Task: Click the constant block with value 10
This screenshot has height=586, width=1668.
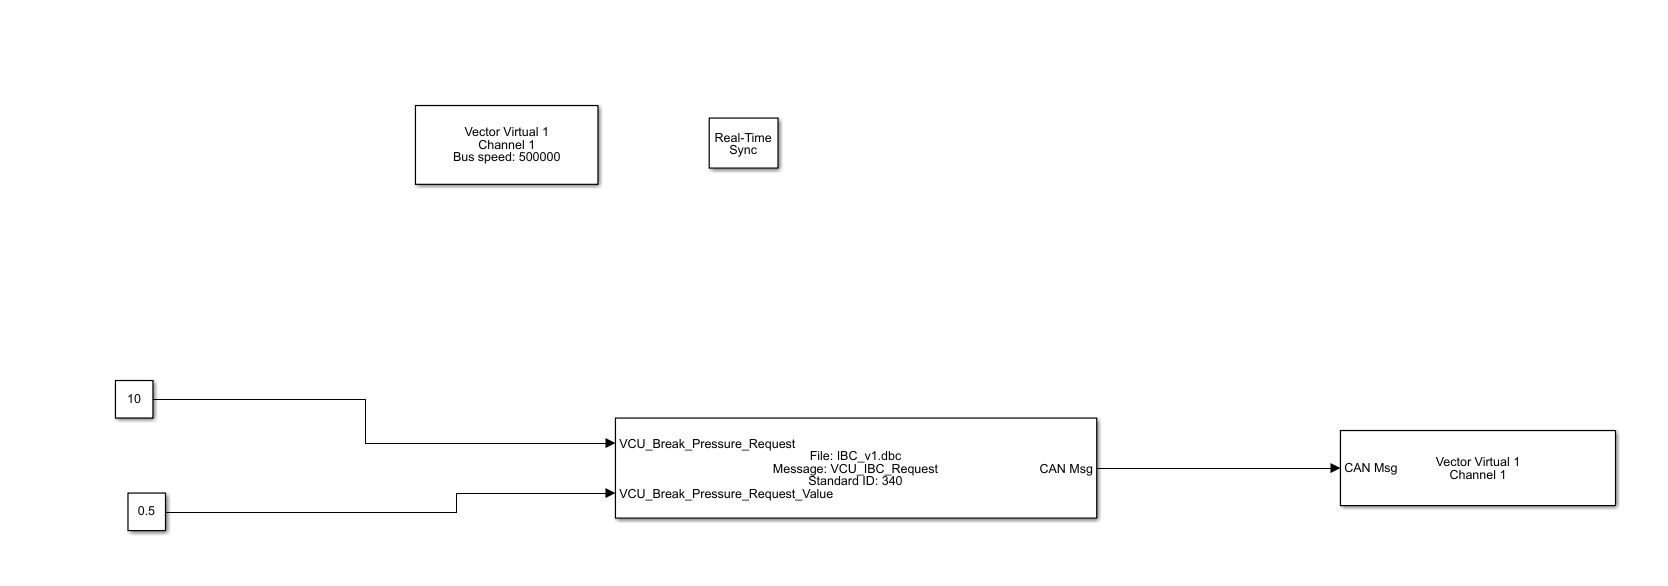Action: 134,399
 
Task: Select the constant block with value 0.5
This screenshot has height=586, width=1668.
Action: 146,511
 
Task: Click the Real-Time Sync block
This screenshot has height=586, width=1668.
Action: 743,144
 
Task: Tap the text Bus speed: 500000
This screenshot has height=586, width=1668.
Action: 506,157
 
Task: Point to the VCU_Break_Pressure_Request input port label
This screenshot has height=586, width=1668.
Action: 707,444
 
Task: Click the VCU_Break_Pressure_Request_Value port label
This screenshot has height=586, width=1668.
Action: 725,493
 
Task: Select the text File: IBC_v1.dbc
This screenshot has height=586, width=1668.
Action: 855,456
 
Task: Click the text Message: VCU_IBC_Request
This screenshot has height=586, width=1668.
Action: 855,469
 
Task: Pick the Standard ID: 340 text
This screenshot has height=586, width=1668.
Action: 855,481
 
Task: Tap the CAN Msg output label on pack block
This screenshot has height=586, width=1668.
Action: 1065,468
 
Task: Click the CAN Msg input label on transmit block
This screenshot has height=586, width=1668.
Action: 1370,468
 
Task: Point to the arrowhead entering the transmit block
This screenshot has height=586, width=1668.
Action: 1335,468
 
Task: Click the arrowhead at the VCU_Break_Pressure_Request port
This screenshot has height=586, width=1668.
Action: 609,443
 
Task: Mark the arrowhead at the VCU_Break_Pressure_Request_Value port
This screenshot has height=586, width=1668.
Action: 609,493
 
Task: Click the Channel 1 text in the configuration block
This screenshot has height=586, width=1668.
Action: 506,145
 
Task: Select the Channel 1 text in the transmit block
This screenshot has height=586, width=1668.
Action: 1477,475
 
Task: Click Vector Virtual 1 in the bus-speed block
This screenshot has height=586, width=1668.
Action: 506,132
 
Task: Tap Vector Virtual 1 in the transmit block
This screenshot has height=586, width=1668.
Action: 1477,462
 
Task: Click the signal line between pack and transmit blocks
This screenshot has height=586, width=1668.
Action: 1215,468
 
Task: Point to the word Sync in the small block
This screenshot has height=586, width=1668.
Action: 743,150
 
